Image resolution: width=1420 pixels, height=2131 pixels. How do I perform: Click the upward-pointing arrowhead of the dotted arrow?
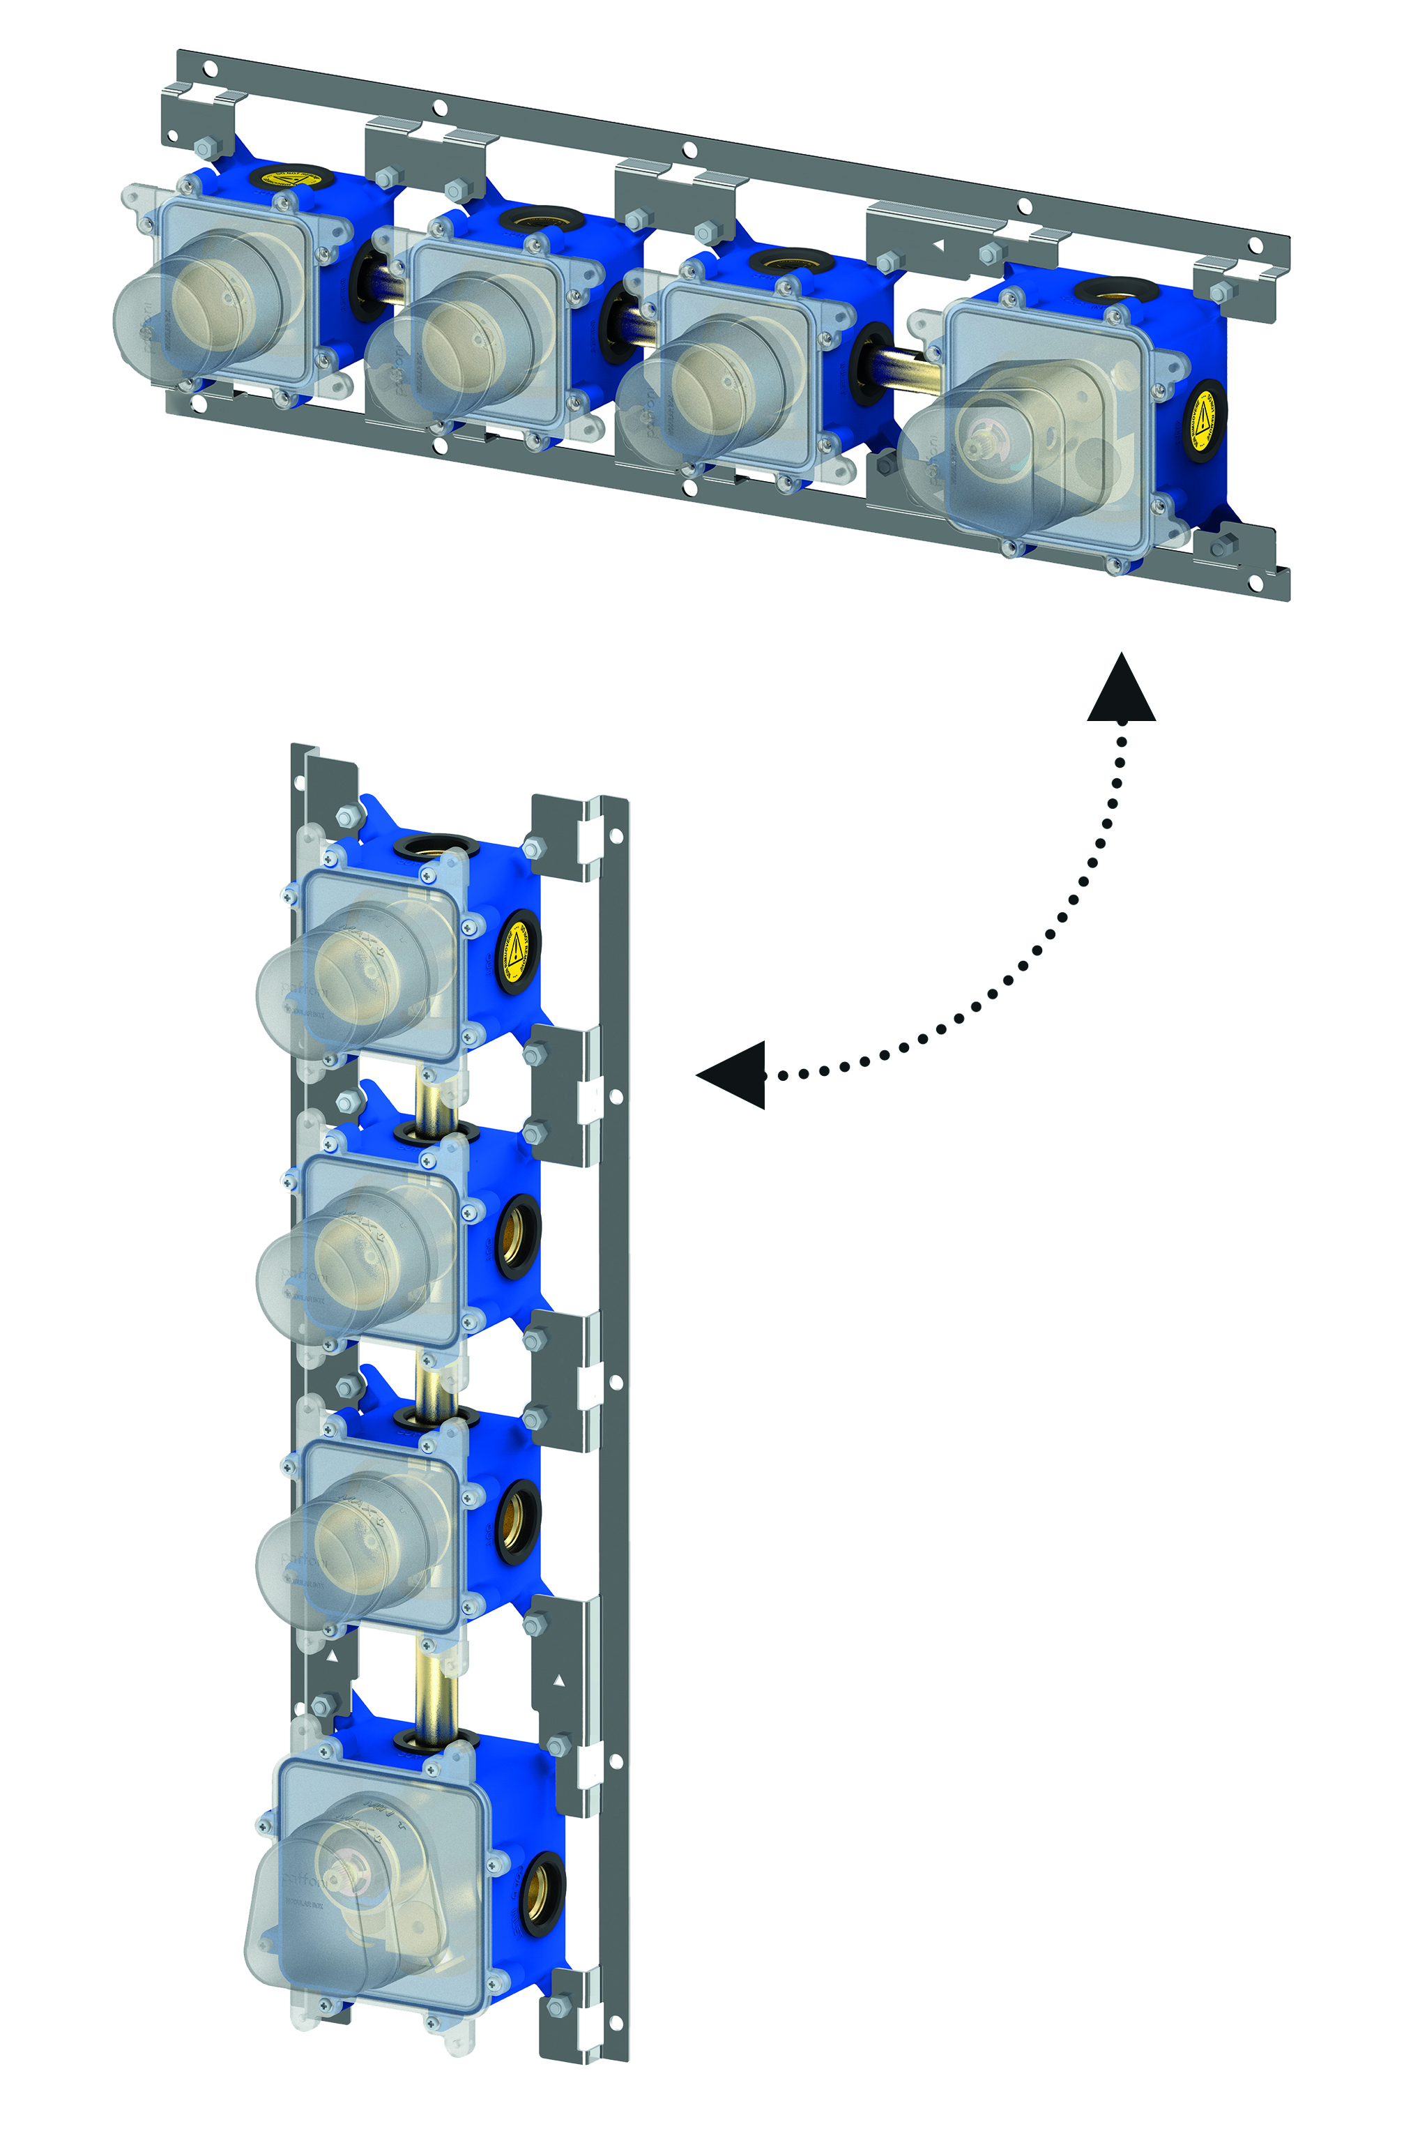click(1121, 690)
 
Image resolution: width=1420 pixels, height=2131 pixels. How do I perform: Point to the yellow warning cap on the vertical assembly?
click(517, 951)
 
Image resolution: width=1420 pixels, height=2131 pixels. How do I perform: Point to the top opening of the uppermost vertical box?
click(436, 848)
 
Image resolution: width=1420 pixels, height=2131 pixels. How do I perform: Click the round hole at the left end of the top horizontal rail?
click(210, 68)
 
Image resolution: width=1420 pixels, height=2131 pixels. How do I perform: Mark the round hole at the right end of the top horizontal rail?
click(1255, 245)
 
